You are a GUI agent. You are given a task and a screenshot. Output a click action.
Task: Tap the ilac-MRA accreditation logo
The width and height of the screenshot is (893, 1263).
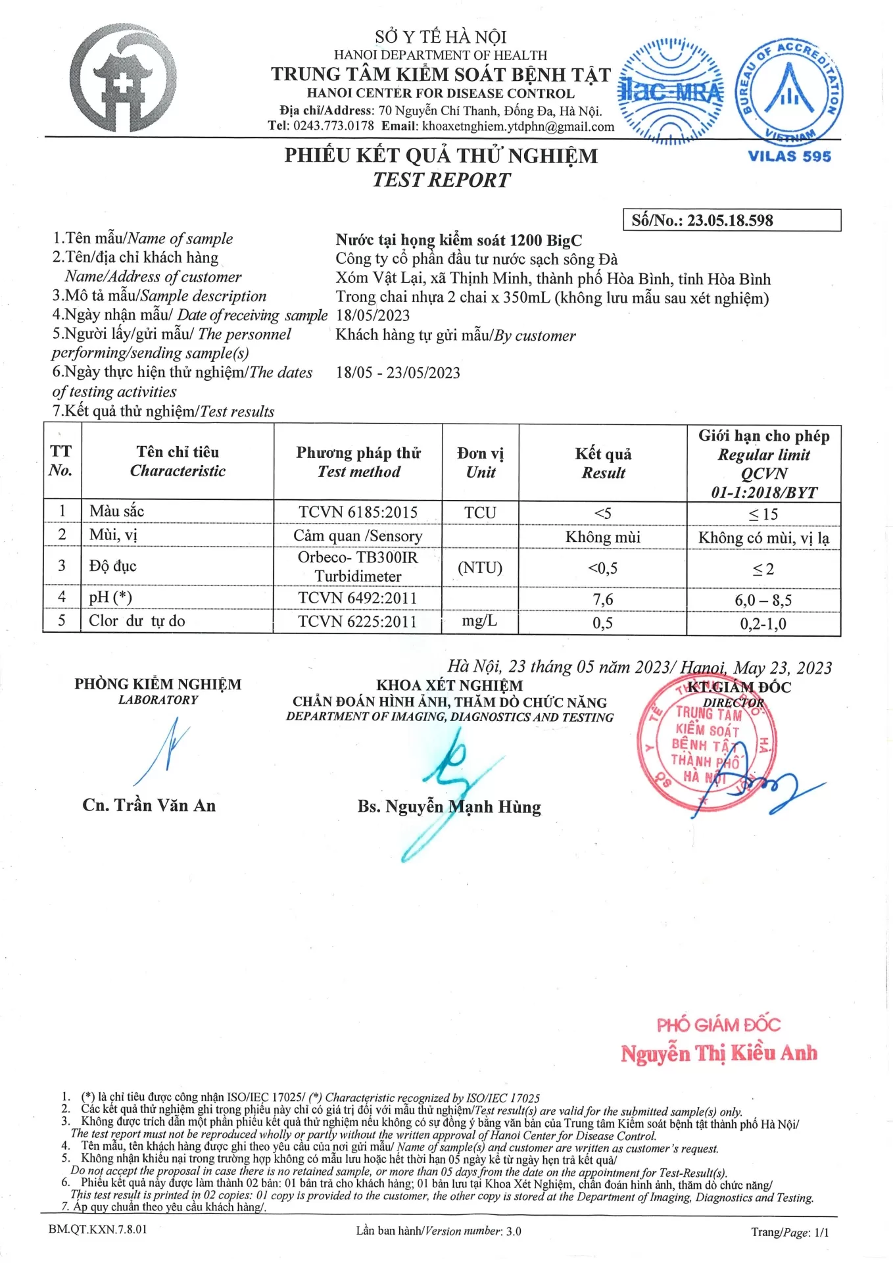(x=671, y=91)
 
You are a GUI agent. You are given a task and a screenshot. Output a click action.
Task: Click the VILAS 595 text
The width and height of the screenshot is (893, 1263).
(x=789, y=157)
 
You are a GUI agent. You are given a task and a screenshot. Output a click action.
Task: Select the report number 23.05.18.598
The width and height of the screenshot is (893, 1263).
(x=730, y=220)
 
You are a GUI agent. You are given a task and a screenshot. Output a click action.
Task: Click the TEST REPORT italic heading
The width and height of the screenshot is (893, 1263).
(x=441, y=180)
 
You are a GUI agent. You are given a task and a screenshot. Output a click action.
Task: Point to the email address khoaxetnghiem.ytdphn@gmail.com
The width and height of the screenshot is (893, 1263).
(x=518, y=126)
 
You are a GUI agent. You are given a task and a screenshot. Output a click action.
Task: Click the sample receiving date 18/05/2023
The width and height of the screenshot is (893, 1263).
(x=373, y=316)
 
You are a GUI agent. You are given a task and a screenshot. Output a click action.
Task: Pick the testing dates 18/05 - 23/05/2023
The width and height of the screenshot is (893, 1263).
(x=398, y=373)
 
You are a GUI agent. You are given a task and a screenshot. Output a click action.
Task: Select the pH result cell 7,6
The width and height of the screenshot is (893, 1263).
(x=602, y=599)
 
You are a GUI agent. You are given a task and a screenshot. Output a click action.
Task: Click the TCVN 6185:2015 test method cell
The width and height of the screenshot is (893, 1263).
(x=358, y=512)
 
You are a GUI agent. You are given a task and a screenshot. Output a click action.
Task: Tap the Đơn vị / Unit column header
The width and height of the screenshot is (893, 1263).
(x=481, y=462)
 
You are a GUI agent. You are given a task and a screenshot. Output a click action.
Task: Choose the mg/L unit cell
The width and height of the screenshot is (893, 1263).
(x=479, y=620)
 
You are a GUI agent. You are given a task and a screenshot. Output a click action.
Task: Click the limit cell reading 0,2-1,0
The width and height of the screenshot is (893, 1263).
(x=763, y=624)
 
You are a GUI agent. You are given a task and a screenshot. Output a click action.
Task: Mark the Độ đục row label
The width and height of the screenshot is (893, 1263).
(x=113, y=566)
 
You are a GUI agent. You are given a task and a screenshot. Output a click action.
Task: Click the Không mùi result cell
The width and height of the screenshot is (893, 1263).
(x=602, y=537)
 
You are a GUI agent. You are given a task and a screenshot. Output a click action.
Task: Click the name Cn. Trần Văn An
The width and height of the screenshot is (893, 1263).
(x=149, y=805)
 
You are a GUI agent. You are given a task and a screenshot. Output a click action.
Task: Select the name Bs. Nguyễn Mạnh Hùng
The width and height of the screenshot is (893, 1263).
(x=449, y=806)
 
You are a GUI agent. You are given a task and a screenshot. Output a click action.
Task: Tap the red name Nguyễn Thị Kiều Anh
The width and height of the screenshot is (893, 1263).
(x=719, y=1053)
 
